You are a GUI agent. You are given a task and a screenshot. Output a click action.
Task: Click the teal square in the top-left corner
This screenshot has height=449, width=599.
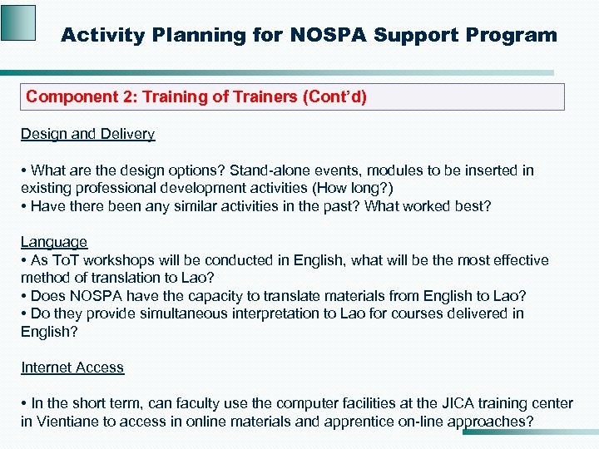[x=18, y=22]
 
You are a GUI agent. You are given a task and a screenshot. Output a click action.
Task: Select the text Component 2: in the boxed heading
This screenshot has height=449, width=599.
[x=82, y=96]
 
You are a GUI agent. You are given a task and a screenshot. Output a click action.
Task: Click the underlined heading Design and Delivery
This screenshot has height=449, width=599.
[x=87, y=134]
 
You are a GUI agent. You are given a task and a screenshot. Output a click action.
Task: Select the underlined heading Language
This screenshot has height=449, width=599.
[x=54, y=242]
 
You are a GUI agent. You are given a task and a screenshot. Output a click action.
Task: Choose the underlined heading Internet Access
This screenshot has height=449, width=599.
[x=72, y=368]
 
